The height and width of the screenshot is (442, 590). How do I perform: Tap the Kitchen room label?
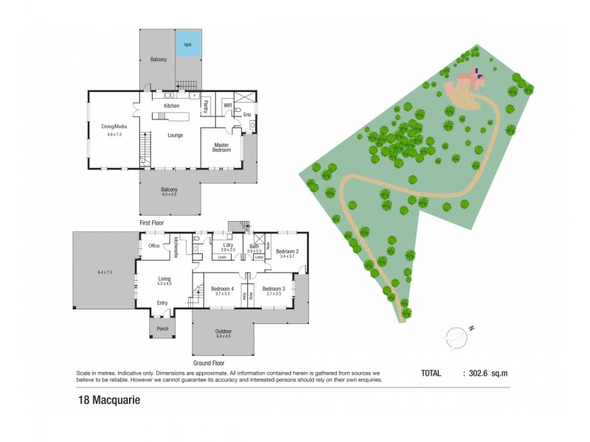coord(172,106)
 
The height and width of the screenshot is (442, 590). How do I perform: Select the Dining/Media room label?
coord(114,127)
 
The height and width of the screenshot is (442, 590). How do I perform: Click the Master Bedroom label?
coord(222,147)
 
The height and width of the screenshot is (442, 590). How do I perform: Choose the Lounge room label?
coord(176,135)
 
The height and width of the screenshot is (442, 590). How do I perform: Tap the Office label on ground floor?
coord(154,246)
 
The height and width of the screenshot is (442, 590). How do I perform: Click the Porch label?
coord(162,329)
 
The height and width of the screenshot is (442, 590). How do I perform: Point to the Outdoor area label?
coord(223,333)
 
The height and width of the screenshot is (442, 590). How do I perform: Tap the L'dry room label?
coord(228,247)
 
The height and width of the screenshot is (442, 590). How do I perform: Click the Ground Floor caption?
coord(208,363)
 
